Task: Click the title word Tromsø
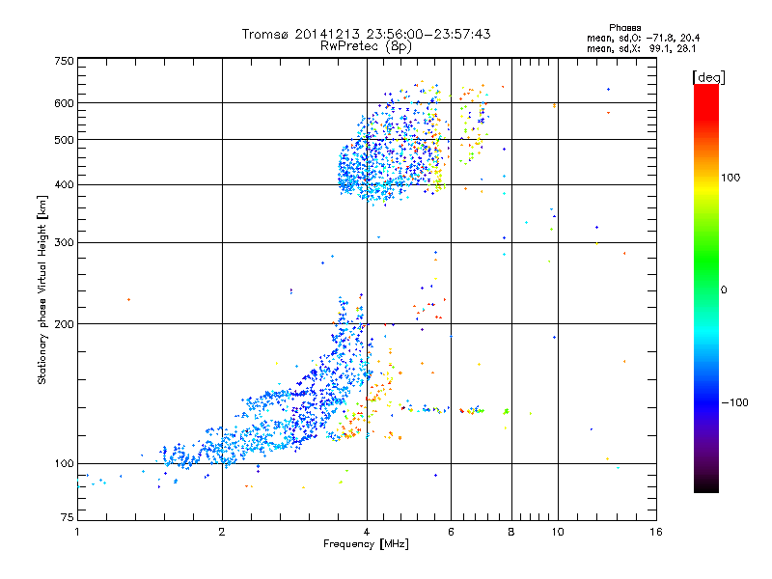264,34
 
